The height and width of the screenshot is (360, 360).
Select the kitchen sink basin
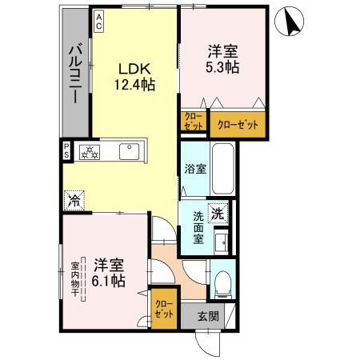[129, 151]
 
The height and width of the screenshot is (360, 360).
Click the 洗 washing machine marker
[217, 213]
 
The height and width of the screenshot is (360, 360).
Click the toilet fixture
[225, 280]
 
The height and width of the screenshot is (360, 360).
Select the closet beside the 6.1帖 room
[163, 307]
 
